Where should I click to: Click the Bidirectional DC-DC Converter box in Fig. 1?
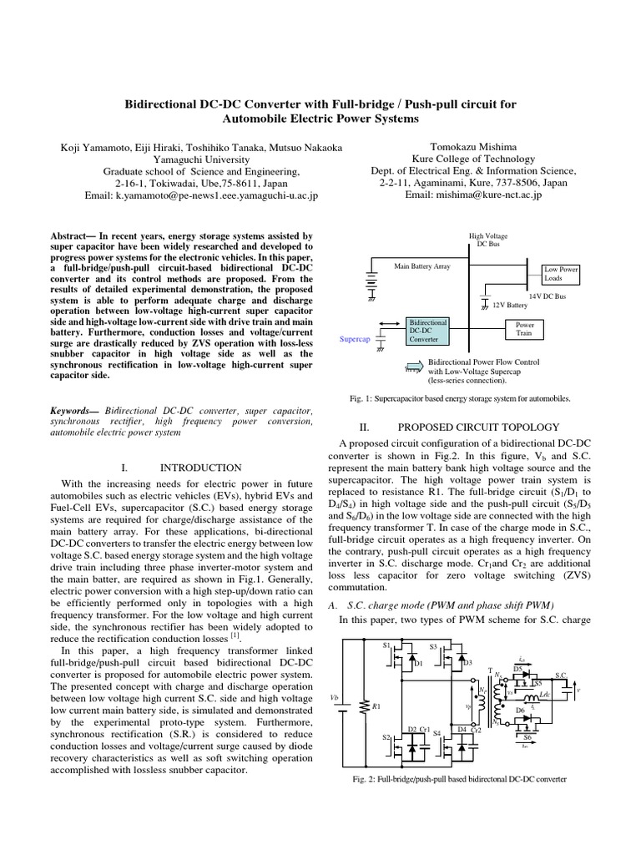(x=426, y=331)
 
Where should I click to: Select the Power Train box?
(x=525, y=328)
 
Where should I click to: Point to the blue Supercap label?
(x=355, y=339)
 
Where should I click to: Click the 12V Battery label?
(x=510, y=305)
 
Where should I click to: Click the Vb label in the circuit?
(x=336, y=696)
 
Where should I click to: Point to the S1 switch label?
(x=386, y=645)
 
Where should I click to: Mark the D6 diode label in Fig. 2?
(x=519, y=710)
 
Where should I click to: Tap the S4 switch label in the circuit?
(x=437, y=732)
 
